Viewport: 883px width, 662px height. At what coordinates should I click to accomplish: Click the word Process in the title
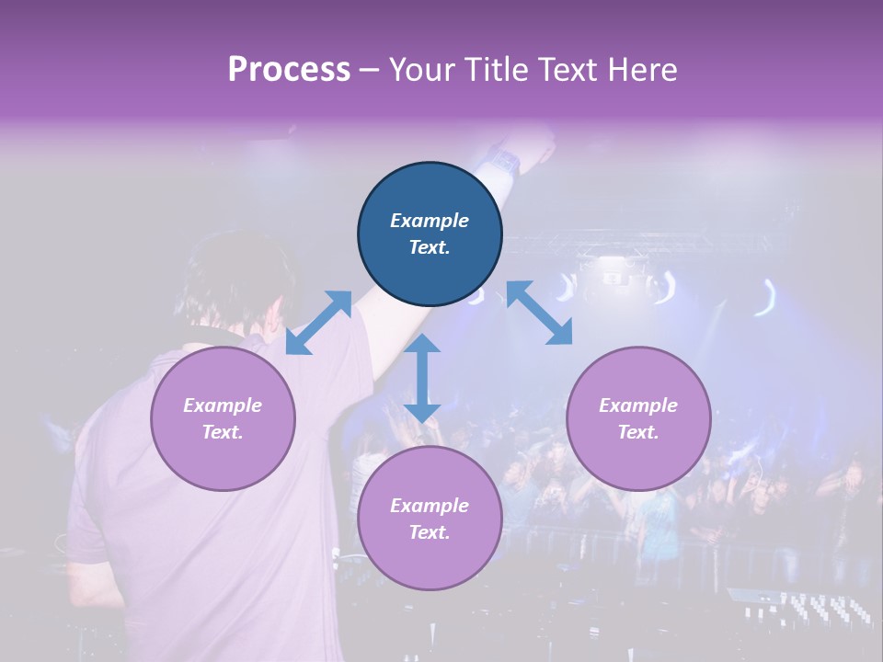289,70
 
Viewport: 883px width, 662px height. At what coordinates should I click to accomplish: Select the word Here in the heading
640,70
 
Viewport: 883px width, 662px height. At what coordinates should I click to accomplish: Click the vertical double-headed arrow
422,378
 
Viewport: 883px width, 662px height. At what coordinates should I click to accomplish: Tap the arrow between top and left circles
318,322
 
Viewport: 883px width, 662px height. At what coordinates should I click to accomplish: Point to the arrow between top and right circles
539,314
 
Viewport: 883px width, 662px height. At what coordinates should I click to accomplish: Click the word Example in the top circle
430,221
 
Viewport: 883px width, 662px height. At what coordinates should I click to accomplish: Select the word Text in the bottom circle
430,532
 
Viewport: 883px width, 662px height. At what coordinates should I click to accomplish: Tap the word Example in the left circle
223,405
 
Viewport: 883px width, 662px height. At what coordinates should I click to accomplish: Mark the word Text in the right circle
637,432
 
